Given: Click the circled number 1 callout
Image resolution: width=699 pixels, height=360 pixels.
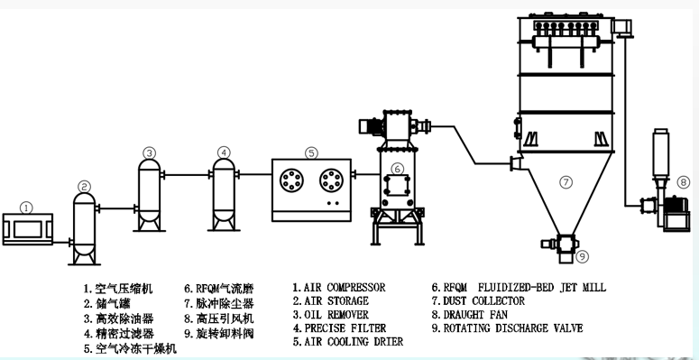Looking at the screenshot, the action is click(27, 208).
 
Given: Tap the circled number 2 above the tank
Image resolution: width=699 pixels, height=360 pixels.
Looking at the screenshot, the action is click(84, 187).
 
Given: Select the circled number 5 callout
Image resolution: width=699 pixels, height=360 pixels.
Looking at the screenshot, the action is click(311, 153).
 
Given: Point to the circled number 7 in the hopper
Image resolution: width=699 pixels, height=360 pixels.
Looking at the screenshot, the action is click(566, 182).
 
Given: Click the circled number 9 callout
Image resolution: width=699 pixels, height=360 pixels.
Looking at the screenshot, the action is click(583, 256).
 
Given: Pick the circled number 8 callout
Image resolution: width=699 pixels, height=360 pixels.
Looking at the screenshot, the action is click(683, 182).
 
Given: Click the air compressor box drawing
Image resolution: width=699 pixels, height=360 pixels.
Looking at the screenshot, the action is click(28, 229).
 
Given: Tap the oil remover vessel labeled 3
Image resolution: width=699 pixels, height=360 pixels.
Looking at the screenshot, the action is click(150, 196).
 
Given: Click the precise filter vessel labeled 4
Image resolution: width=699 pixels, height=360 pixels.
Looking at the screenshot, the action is click(224, 195).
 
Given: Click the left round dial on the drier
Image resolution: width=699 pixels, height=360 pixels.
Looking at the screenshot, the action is click(292, 181).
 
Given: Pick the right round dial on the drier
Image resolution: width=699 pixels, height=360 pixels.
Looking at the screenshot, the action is click(332, 181).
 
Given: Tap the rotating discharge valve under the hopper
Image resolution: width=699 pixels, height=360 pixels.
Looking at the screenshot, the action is click(561, 246).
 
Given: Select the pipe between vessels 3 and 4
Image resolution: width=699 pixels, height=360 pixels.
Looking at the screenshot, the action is click(188, 175).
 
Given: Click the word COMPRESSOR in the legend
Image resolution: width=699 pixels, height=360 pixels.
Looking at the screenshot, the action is click(355, 287).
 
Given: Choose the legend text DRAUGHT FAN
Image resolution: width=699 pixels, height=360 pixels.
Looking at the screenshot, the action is click(475, 315).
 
